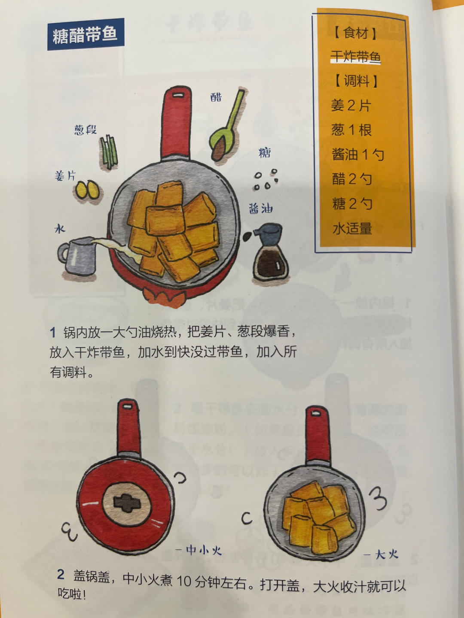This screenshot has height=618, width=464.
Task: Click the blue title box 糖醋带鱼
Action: pyautogui.click(x=85, y=34)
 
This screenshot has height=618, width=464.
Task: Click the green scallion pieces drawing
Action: pyautogui.click(x=109, y=152)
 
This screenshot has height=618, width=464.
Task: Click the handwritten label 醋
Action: pyautogui.click(x=216, y=97)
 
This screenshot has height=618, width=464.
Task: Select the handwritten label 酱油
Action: pyautogui.click(x=261, y=209)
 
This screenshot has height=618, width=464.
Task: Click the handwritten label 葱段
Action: pyautogui.click(x=85, y=130)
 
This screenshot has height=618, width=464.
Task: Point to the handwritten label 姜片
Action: pyautogui.click(x=65, y=176)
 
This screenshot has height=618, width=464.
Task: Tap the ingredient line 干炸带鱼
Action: pyautogui.click(x=355, y=57)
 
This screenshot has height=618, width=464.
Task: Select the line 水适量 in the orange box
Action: pyautogui.click(x=352, y=228)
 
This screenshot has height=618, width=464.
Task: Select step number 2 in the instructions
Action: pyautogui.click(x=61, y=574)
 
